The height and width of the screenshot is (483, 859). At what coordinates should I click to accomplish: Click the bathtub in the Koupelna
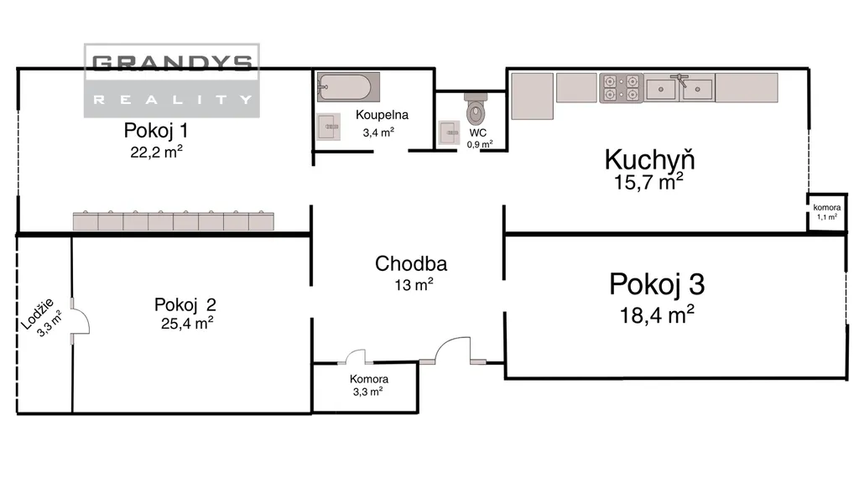pyautogui.click(x=348, y=87)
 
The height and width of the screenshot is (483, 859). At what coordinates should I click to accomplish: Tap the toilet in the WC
pyautogui.click(x=476, y=108)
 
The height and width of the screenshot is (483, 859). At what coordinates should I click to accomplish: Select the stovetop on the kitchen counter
pyautogui.click(x=622, y=87)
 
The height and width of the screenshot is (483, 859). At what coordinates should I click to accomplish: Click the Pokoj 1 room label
pyautogui.click(x=156, y=130)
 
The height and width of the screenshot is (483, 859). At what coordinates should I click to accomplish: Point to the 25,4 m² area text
pyautogui.click(x=187, y=323)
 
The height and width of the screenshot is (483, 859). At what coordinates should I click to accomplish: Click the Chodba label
pyautogui.click(x=411, y=264)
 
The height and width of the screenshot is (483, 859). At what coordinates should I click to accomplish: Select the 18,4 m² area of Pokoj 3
pyautogui.click(x=657, y=315)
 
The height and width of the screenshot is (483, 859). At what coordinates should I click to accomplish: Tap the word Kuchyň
pyautogui.click(x=650, y=159)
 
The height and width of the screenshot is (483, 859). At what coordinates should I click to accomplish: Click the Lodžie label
pyautogui.click(x=38, y=314)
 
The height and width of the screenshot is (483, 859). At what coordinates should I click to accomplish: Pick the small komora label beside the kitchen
pyautogui.click(x=826, y=208)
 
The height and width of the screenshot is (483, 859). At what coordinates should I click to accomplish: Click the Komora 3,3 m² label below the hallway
pyautogui.click(x=369, y=385)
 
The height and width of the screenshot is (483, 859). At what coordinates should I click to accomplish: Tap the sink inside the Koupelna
pyautogui.click(x=329, y=127)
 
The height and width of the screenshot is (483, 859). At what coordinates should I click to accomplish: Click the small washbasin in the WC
pyautogui.click(x=450, y=132)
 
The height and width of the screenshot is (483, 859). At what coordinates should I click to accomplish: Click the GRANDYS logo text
pyautogui.click(x=172, y=63)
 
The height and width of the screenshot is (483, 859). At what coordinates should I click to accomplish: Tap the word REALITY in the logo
pyautogui.click(x=172, y=100)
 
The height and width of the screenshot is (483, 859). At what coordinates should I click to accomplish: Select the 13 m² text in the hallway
pyautogui.click(x=414, y=285)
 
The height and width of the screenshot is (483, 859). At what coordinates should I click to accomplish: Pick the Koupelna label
pyautogui.click(x=382, y=115)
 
